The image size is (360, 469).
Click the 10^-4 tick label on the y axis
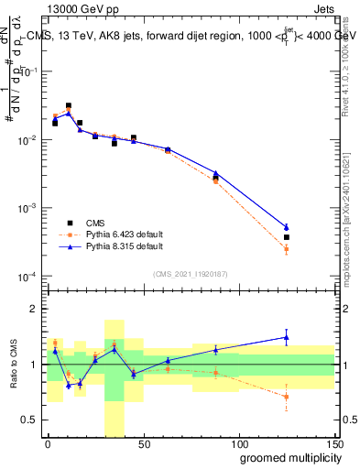[26, 277]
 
